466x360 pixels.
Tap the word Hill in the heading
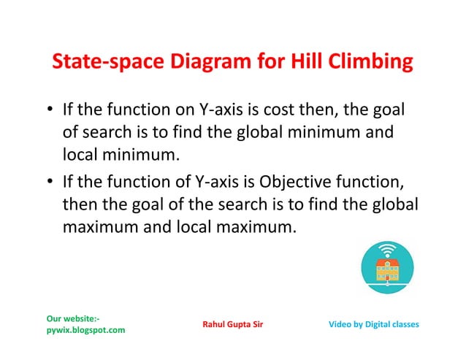[303, 64]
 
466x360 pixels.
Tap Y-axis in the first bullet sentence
[223, 112]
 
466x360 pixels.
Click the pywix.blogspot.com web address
[85, 330]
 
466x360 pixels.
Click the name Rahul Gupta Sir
[233, 324]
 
